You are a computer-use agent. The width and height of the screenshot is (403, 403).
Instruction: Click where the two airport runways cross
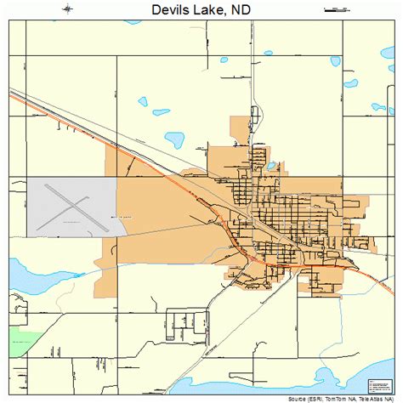point(73,204)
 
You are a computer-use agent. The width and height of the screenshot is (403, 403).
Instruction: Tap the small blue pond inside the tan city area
point(270,166)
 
